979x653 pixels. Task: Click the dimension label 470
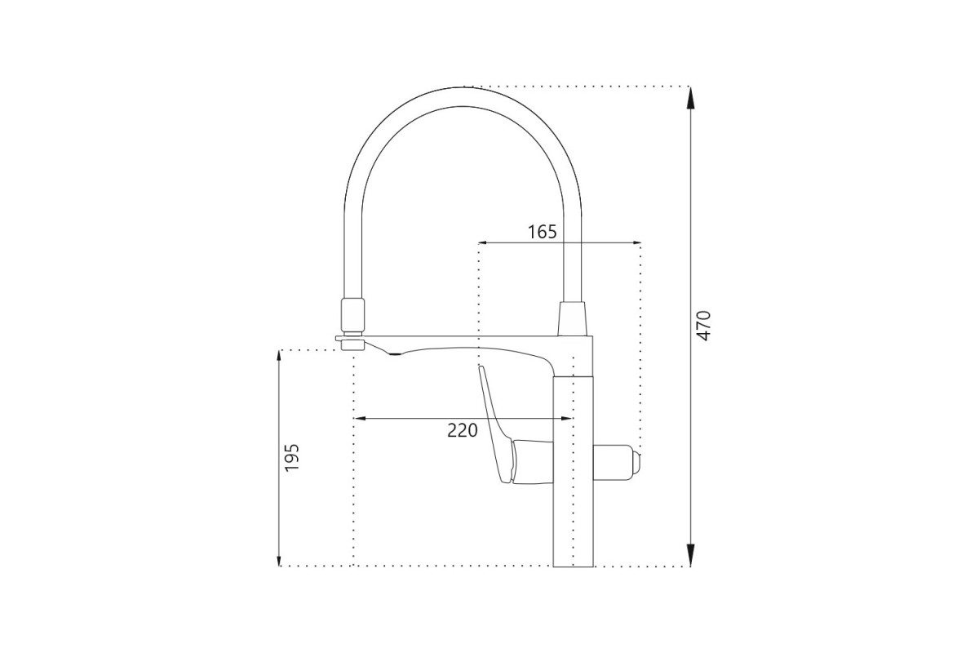[704, 326]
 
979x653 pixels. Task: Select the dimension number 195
[292, 457]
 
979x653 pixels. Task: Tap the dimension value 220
[463, 431]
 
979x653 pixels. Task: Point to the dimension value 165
[543, 232]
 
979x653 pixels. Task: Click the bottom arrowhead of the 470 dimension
[690, 555]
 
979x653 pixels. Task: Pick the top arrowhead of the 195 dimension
[279, 362]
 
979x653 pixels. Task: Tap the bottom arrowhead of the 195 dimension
[279, 556]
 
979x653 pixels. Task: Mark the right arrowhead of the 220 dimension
[566, 419]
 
